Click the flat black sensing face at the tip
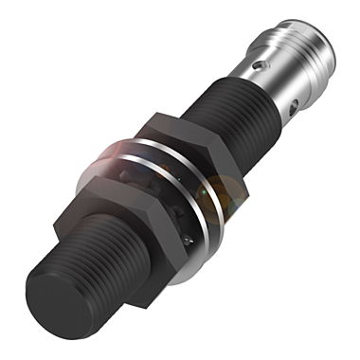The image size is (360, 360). [56, 303]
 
